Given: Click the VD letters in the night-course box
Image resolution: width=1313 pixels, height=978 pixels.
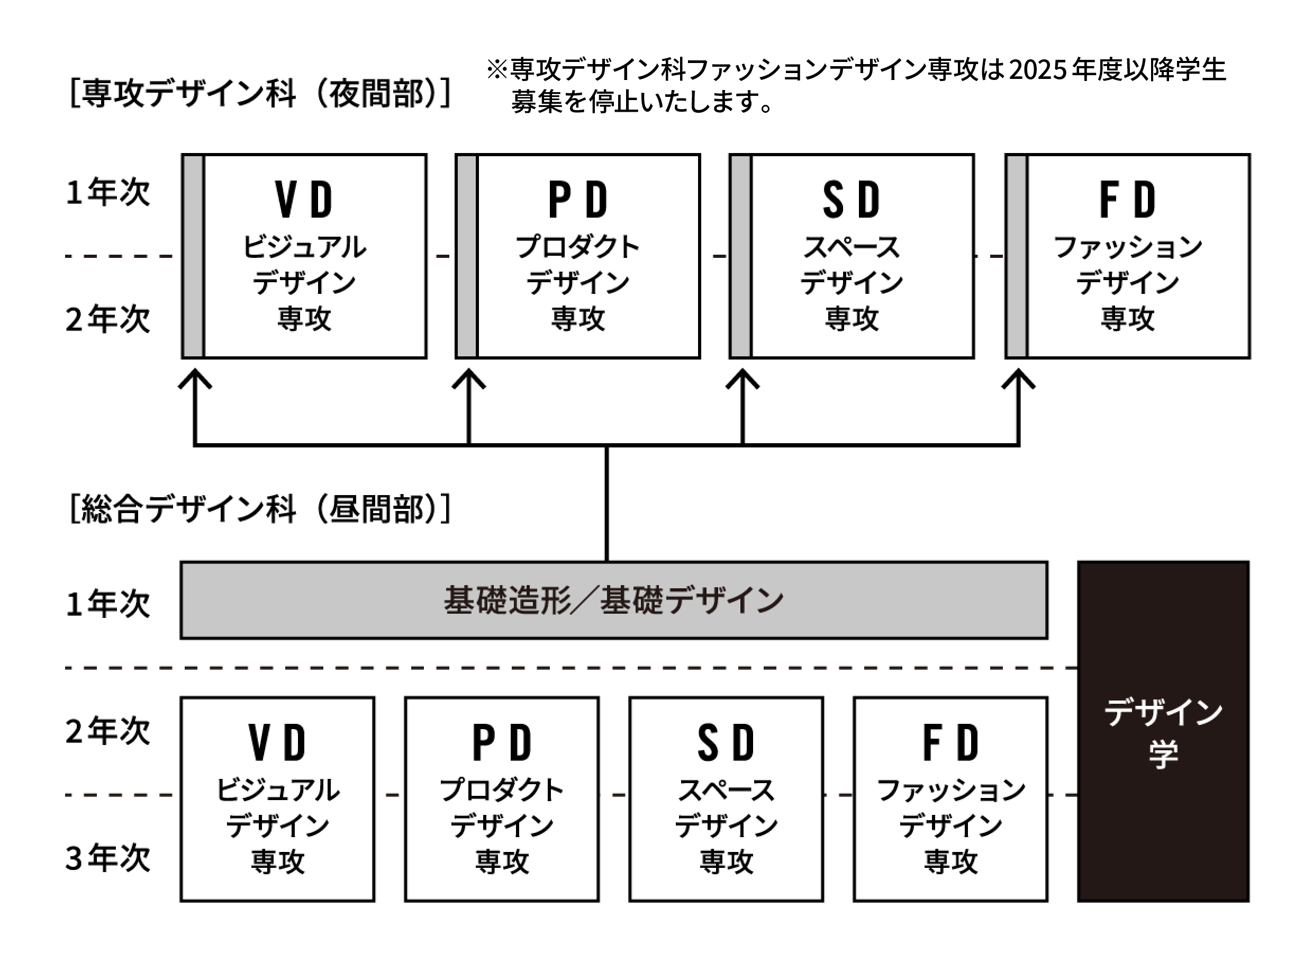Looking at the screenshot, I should point(304,200).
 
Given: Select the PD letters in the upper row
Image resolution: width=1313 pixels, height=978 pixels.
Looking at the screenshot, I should point(577,200).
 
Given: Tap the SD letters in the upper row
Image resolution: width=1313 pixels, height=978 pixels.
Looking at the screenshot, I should point(851,200).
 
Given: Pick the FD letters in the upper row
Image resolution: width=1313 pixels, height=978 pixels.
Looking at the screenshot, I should point(1127,200).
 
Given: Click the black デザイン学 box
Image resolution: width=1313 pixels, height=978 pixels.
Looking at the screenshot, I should point(1163,732).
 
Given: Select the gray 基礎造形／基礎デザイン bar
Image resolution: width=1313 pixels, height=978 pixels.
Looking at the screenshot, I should point(613,600).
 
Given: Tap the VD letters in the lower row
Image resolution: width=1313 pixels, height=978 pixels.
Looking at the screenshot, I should point(277,742).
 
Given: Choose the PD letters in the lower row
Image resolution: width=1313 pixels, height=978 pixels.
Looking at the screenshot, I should point(502,742).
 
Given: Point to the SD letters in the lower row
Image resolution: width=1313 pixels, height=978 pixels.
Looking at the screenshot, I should point(726,742).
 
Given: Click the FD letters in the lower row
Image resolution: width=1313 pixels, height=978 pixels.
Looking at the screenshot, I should point(950,742).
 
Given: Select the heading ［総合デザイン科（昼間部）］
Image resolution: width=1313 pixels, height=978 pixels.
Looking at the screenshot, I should point(260,508).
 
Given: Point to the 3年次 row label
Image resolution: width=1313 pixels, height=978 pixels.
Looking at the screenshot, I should point(107,858).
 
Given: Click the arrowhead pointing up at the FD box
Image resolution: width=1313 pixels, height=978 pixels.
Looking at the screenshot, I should point(1018,379).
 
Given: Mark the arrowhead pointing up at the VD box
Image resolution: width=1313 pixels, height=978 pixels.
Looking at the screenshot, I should point(195,379).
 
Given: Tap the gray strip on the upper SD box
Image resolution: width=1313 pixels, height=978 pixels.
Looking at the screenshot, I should point(741,256).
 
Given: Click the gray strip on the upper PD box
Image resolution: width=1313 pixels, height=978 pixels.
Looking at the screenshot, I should point(467,256).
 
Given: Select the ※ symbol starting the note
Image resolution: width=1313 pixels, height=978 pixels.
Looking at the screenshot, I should point(496,70).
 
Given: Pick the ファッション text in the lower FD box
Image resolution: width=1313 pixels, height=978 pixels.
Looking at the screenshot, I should point(950,791).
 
